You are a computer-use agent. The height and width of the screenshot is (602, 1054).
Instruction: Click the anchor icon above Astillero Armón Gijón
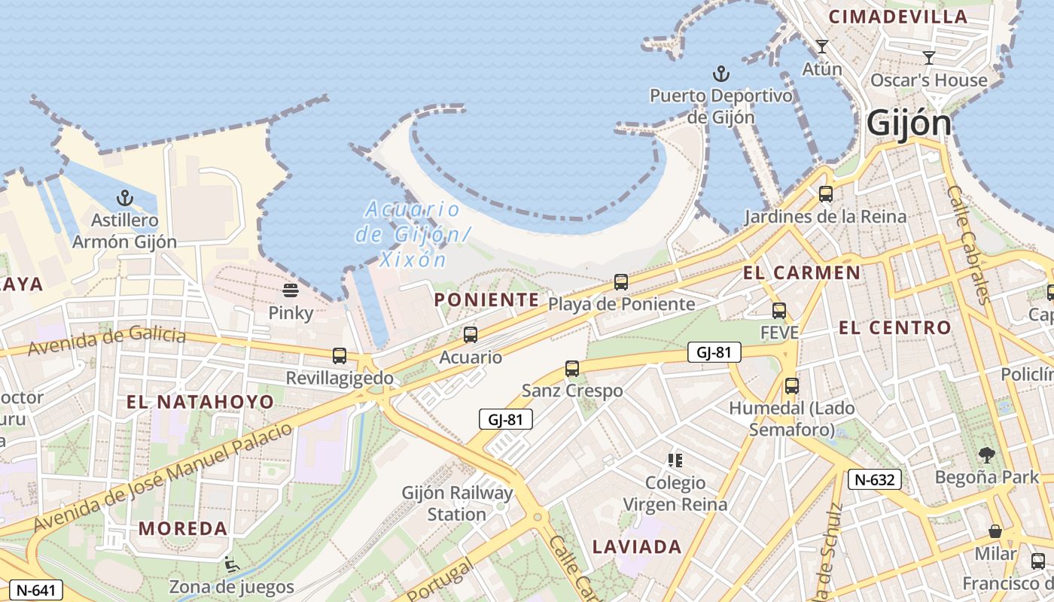tap(124, 198)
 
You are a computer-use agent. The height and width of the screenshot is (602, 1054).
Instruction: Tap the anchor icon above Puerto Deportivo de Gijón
tap(721, 74)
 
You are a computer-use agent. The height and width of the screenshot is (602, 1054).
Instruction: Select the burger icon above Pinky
tap(291, 290)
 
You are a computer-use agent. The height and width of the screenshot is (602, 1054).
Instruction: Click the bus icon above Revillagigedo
tap(340, 355)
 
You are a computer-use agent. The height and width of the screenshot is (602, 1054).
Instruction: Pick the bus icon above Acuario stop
tap(471, 334)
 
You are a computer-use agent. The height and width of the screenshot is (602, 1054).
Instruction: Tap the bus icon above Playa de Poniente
tap(621, 282)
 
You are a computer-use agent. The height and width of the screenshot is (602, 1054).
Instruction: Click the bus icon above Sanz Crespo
tap(572, 369)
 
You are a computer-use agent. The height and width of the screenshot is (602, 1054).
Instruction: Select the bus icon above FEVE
tap(779, 310)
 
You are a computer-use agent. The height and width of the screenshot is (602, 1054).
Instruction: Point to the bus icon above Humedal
tap(792, 386)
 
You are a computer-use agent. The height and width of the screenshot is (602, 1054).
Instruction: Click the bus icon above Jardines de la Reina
tap(826, 194)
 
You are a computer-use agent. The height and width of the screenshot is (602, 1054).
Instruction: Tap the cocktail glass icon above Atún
tap(822, 47)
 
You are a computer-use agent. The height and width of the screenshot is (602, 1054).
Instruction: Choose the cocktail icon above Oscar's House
tap(929, 58)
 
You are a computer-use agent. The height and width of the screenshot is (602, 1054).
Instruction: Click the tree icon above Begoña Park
tap(987, 455)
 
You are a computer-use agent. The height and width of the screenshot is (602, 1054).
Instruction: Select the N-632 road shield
tap(875, 479)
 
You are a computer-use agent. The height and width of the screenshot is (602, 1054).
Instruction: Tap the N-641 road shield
tap(35, 590)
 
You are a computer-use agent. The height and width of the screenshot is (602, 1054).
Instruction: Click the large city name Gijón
tap(909, 123)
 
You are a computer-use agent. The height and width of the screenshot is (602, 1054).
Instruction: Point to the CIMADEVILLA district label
tap(897, 17)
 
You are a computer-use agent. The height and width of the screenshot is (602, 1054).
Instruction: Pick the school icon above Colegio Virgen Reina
tap(675, 460)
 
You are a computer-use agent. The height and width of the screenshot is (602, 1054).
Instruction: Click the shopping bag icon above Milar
tap(995, 531)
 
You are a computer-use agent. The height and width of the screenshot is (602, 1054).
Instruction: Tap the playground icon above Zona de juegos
tap(231, 564)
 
